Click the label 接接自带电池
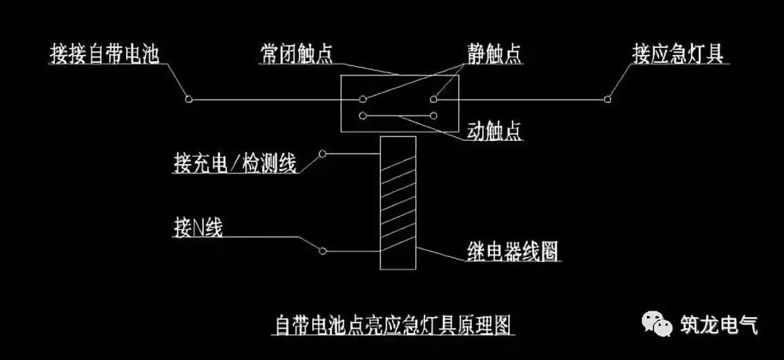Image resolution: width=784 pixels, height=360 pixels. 105,54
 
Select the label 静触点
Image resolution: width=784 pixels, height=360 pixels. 494,54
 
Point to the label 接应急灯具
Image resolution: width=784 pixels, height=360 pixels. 677,54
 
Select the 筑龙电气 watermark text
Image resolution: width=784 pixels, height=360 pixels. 719,324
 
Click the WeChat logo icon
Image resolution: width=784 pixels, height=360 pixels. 656,325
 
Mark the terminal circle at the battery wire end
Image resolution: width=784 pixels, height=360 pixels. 189,99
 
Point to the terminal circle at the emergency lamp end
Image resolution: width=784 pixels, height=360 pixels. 608,99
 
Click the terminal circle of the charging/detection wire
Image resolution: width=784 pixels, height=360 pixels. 322,154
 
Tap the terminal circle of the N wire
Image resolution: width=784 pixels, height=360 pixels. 322,251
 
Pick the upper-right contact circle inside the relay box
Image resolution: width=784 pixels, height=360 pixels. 434,99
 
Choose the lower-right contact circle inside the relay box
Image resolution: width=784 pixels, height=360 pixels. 434,116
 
